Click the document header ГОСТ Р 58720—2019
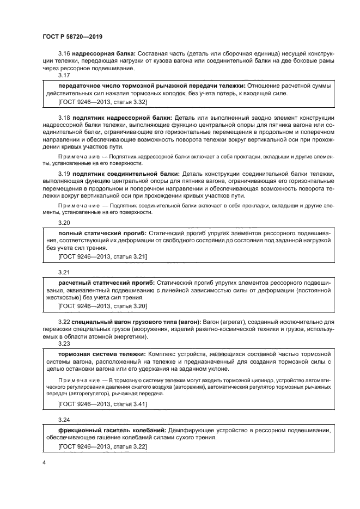[72, 36]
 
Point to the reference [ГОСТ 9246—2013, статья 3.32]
[102, 102]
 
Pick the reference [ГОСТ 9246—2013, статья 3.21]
[102, 256]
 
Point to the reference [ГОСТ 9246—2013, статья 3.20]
[102, 306]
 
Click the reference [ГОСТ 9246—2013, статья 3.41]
[102, 404]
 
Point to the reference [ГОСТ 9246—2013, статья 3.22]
[102, 446]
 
